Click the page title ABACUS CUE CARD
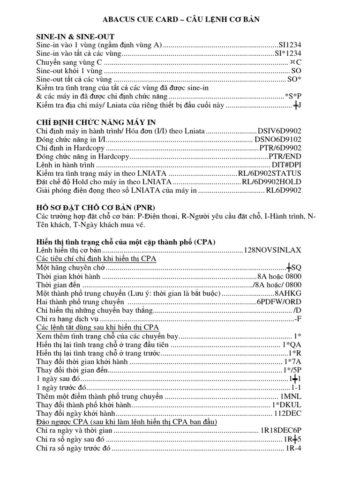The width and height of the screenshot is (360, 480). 180,19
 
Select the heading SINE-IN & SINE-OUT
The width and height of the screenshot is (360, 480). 75,37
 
